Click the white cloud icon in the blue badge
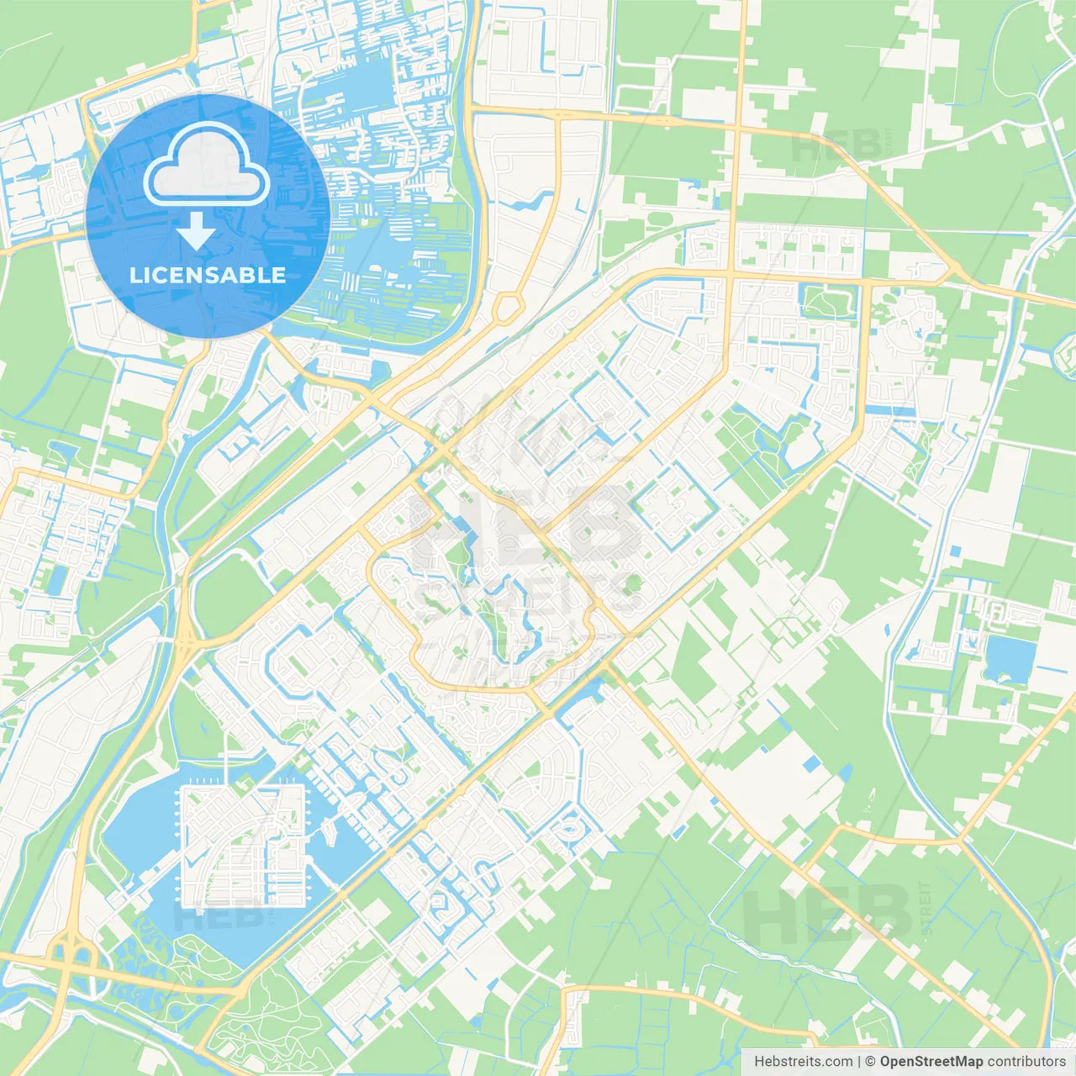tap(206, 164)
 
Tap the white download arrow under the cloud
tap(196, 231)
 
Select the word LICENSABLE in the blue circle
tap(208, 275)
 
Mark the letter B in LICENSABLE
tap(251, 275)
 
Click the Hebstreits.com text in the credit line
tap(803, 1062)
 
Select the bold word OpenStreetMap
tap(931, 1062)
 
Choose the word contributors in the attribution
tap(1026, 1062)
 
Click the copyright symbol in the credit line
tap(871, 1062)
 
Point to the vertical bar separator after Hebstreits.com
tap(859, 1062)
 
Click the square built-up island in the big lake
tap(243, 846)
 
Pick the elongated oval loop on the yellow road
tap(507, 308)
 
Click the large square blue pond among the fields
tap(1009, 658)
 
